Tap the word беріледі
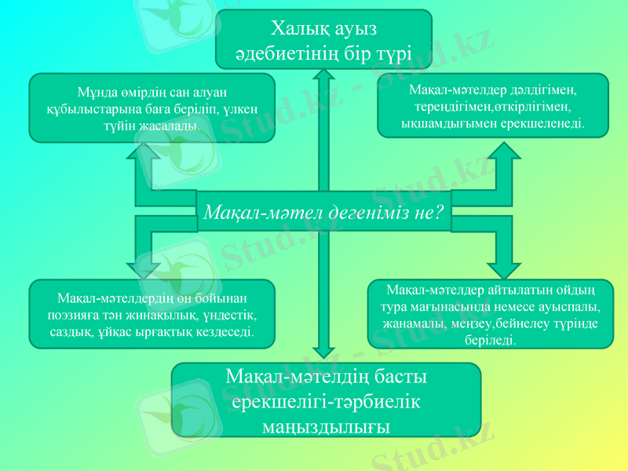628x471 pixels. (492, 340)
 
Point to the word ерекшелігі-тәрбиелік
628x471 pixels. (326, 401)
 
